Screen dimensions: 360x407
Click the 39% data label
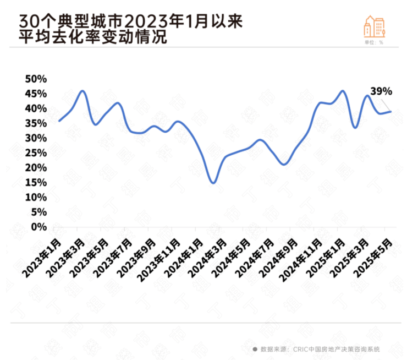tap(381, 91)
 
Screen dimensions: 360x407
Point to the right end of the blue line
tap(391, 112)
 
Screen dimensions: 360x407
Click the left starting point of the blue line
tap(59, 121)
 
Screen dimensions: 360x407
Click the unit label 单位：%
tap(374, 42)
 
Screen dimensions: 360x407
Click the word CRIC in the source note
tap(301, 349)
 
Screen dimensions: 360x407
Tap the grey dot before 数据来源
tap(255, 349)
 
